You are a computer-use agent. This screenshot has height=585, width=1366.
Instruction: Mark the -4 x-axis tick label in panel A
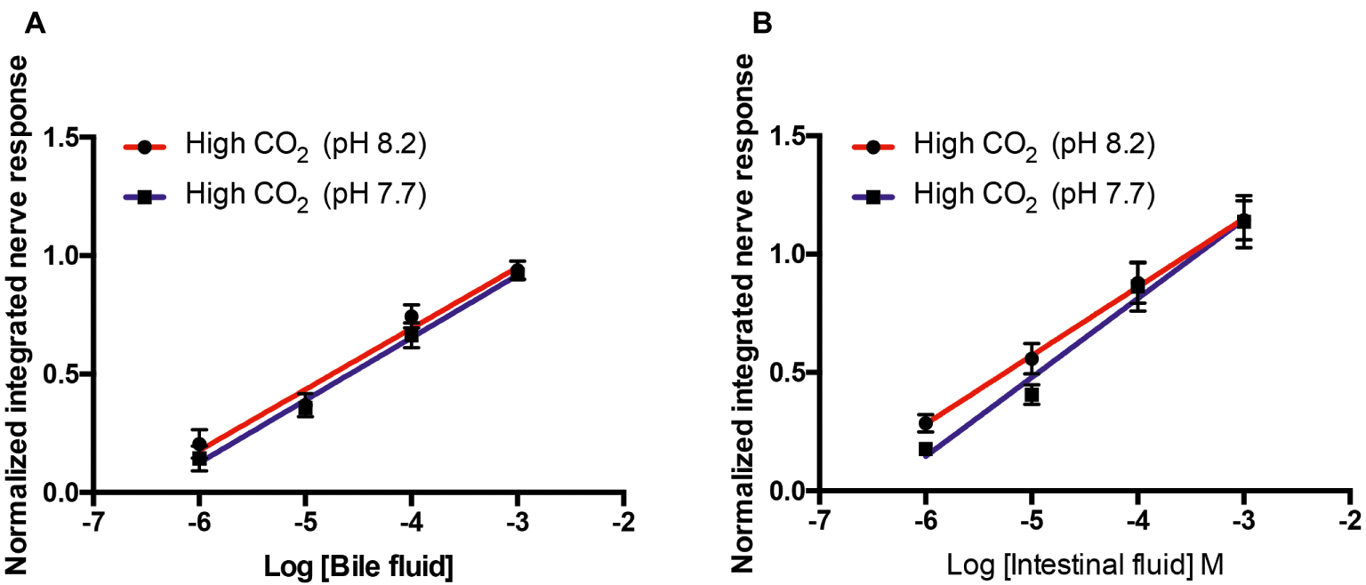point(410,518)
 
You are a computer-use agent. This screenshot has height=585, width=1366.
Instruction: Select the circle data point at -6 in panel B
point(926,422)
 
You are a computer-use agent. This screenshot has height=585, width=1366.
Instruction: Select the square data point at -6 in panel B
point(926,449)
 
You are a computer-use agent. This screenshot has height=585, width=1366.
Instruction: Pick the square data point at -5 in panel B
point(1032,395)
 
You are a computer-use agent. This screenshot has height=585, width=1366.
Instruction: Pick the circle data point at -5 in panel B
point(1032,359)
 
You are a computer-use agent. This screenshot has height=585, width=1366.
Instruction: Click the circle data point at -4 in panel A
point(411,317)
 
